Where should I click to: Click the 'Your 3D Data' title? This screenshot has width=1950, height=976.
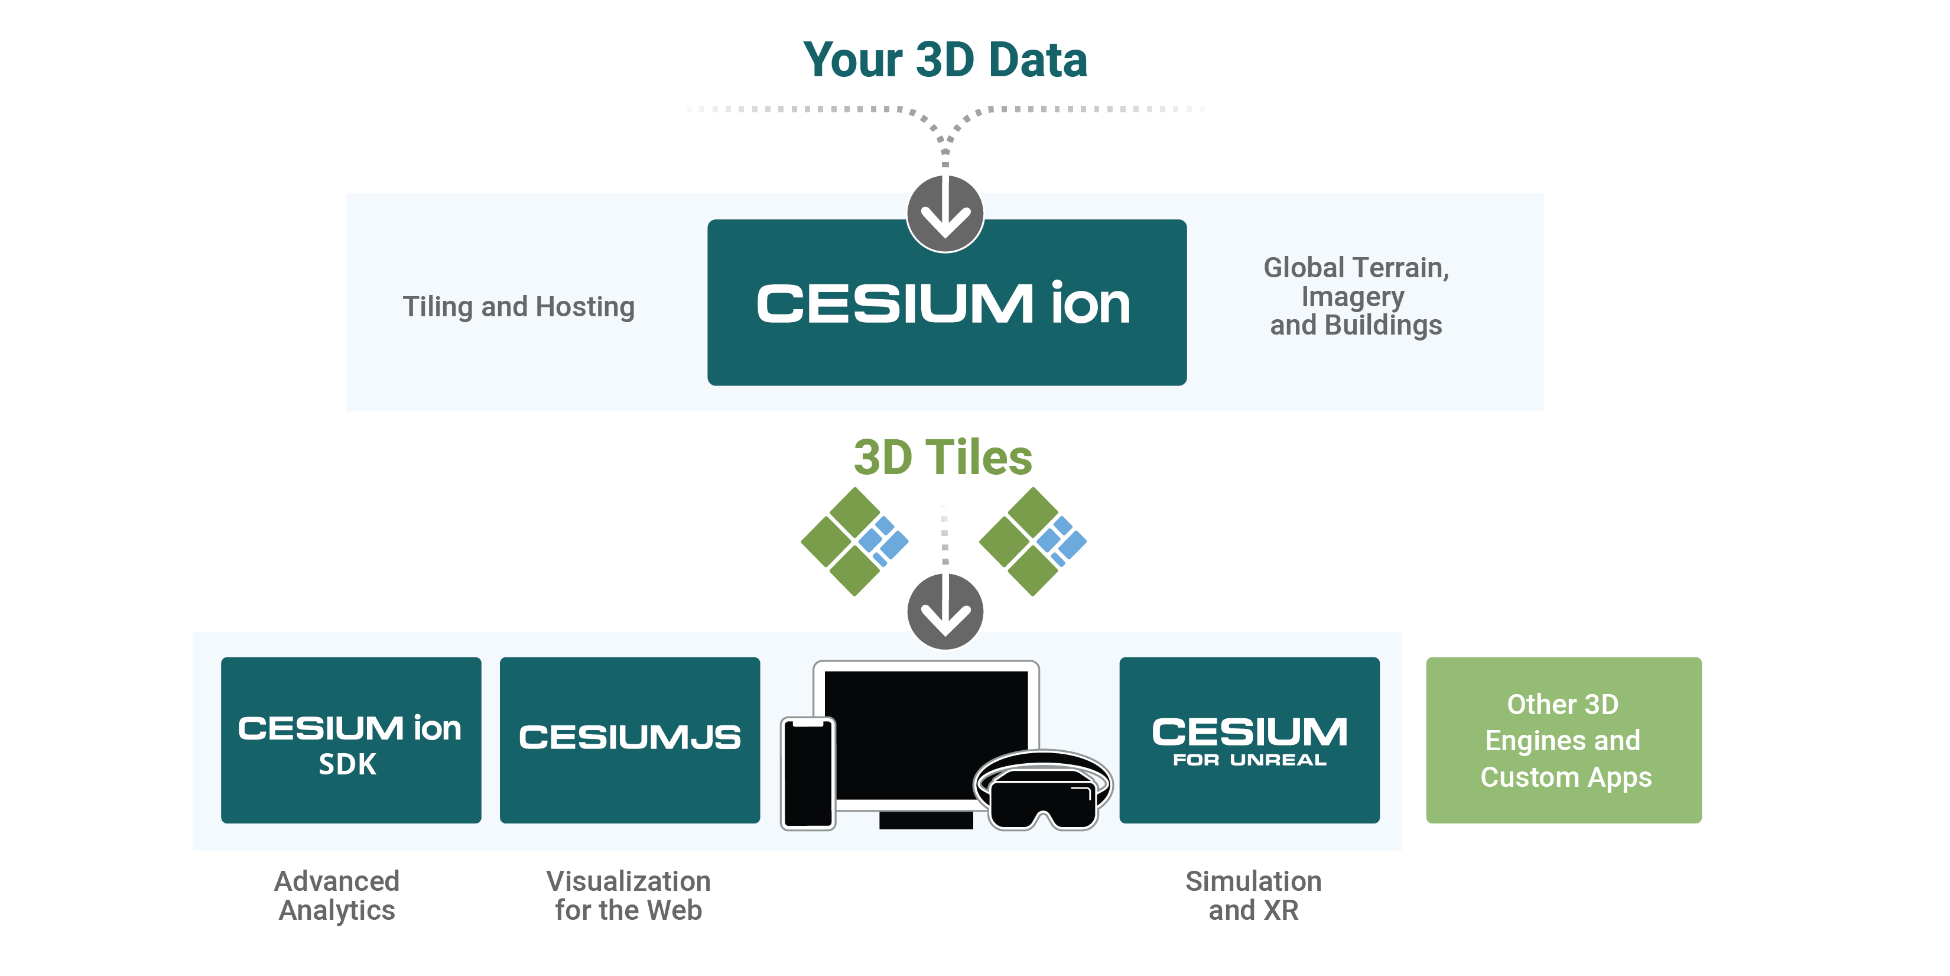[x=945, y=60]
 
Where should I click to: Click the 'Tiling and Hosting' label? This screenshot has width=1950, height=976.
[x=519, y=307]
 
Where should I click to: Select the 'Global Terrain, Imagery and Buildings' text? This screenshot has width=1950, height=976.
[x=1356, y=296]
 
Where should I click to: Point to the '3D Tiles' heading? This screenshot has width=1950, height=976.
[x=942, y=458]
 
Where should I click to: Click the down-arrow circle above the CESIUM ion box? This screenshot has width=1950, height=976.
[x=945, y=213]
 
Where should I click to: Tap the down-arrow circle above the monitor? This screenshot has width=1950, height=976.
[x=945, y=611]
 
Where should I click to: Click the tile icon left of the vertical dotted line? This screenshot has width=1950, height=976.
[x=854, y=541]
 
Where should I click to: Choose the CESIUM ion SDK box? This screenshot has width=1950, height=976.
[x=350, y=740]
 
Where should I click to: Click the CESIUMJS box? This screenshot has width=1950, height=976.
[x=629, y=740]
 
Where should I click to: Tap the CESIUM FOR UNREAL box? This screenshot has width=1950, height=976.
[x=1249, y=740]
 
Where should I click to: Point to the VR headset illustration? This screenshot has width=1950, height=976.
[x=1043, y=791]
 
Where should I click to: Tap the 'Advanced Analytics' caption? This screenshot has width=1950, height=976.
[x=337, y=896]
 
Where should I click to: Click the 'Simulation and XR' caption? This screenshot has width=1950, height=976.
[x=1253, y=896]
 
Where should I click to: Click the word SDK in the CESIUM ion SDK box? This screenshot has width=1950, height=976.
[x=347, y=765]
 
